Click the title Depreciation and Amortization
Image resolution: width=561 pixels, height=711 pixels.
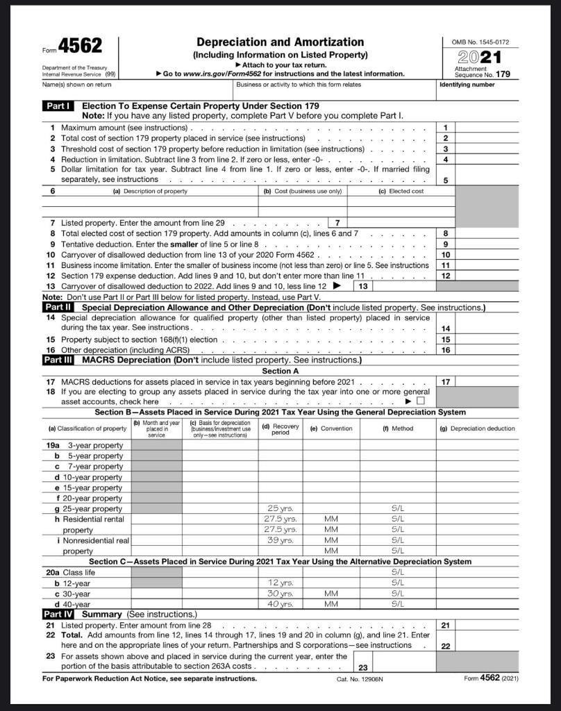pyautogui.click(x=280, y=42)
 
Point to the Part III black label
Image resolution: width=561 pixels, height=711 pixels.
pyautogui.click(x=59, y=360)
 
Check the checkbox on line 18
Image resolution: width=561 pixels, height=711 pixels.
pyautogui.click(x=419, y=402)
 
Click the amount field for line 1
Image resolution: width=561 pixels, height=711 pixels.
pyautogui.click(x=486, y=128)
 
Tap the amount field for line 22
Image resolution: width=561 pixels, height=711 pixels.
pyautogui.click(x=486, y=645)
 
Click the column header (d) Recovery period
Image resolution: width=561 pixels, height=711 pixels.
pyautogui.click(x=280, y=429)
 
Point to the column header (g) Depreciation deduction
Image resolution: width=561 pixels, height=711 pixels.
pyautogui.click(x=477, y=428)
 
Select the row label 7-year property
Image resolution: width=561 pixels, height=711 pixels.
pyautogui.click(x=94, y=467)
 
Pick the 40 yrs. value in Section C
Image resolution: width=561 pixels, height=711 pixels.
pyautogui.click(x=280, y=604)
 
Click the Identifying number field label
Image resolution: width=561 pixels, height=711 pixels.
pyautogui.click(x=467, y=85)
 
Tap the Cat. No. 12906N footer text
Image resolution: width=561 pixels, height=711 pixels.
pyautogui.click(x=360, y=678)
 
